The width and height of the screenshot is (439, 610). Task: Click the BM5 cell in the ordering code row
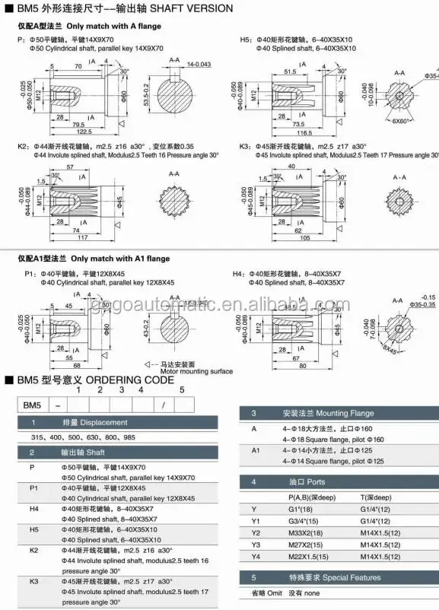pos(28,405)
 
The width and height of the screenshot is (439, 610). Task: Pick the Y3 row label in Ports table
pos(256,545)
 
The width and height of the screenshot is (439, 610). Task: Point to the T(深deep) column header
pos(378,497)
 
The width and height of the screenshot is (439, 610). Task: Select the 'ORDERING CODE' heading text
pos(133,379)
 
